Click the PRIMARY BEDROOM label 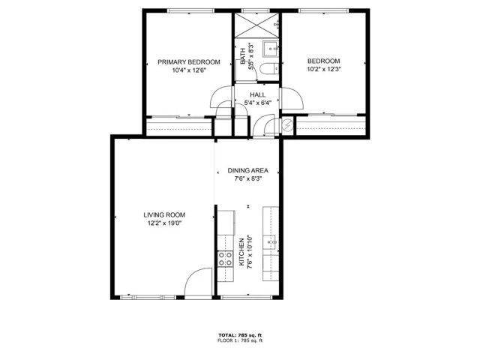(x=188, y=61)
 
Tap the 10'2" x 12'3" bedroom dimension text (x=324, y=70)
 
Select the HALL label (x=258, y=94)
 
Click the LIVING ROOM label (x=163, y=214)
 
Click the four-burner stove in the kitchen (x=224, y=259)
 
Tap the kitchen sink (x=273, y=242)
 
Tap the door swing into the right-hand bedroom (x=293, y=97)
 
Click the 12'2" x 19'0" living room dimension (x=163, y=223)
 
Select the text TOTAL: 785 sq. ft (x=240, y=335)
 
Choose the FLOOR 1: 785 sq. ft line (x=240, y=341)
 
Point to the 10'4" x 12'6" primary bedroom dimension (x=188, y=70)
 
